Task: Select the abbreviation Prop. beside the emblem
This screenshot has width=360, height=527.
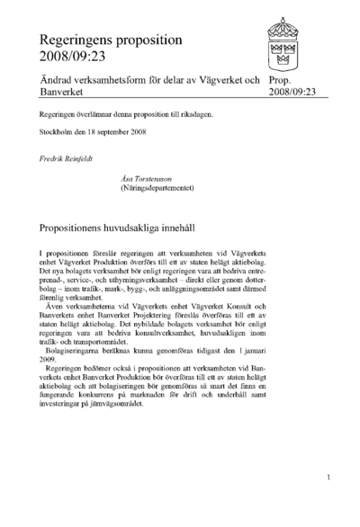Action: (x=281, y=81)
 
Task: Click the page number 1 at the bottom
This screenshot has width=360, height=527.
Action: (x=330, y=478)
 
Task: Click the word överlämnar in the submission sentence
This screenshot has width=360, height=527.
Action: (x=96, y=116)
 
